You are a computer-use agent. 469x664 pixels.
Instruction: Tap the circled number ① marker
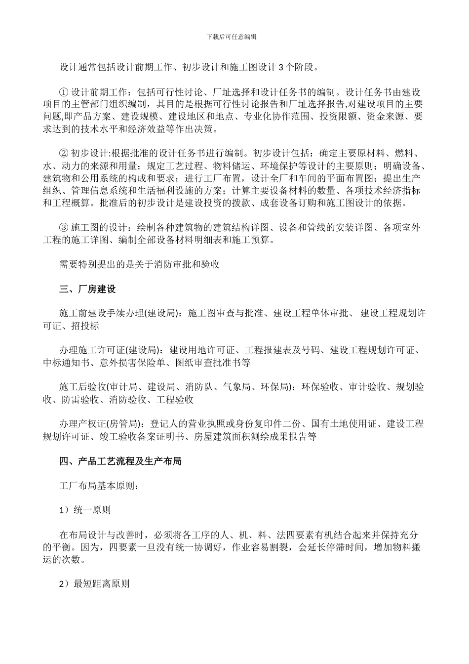click(x=63, y=92)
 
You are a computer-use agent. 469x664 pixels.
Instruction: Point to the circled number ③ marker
click(x=63, y=228)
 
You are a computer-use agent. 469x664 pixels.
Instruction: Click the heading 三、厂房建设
click(x=87, y=289)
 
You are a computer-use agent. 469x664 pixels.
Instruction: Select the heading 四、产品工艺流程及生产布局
click(x=120, y=461)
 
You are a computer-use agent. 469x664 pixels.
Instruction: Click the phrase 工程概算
click(x=72, y=203)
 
